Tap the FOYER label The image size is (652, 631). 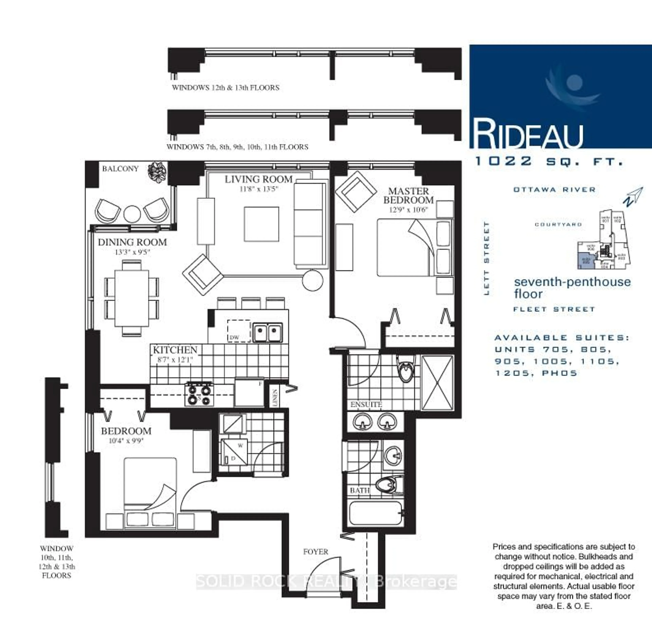coord(315,552)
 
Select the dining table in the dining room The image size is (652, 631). coord(132,298)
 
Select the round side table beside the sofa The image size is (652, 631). coord(313,281)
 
